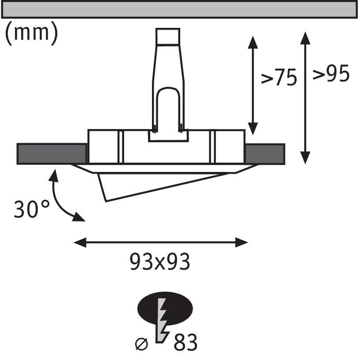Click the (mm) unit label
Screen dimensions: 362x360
click(x=31, y=34)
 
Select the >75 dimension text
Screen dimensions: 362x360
click(x=279, y=78)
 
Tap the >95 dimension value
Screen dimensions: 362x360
click(x=331, y=74)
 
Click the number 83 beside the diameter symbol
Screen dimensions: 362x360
click(x=186, y=343)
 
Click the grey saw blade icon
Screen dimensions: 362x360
click(x=162, y=320)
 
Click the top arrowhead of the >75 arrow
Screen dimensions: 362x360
click(x=253, y=42)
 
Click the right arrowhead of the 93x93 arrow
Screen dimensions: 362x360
click(x=242, y=242)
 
